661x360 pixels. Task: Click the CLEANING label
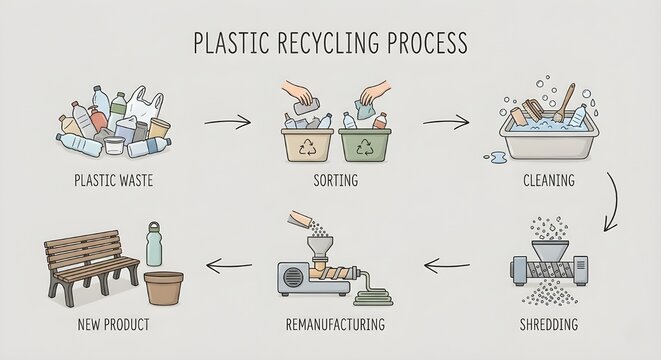(x=548, y=182)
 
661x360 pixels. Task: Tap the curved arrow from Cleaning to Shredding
(x=612, y=200)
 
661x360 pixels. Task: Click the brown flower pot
(x=166, y=288)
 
